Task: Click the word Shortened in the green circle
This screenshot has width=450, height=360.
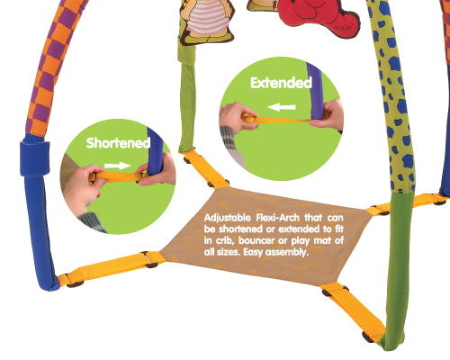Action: click(x=118, y=143)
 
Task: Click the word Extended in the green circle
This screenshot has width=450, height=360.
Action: click(x=281, y=83)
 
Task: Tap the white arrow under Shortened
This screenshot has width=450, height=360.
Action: click(x=118, y=166)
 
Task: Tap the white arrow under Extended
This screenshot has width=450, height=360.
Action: click(x=282, y=107)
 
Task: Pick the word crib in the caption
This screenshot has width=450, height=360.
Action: click(x=224, y=240)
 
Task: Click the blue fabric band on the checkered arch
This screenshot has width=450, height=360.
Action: click(x=34, y=158)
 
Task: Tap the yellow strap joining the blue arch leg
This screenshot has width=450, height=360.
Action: click(x=111, y=268)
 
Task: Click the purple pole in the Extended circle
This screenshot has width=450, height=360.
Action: click(x=315, y=90)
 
